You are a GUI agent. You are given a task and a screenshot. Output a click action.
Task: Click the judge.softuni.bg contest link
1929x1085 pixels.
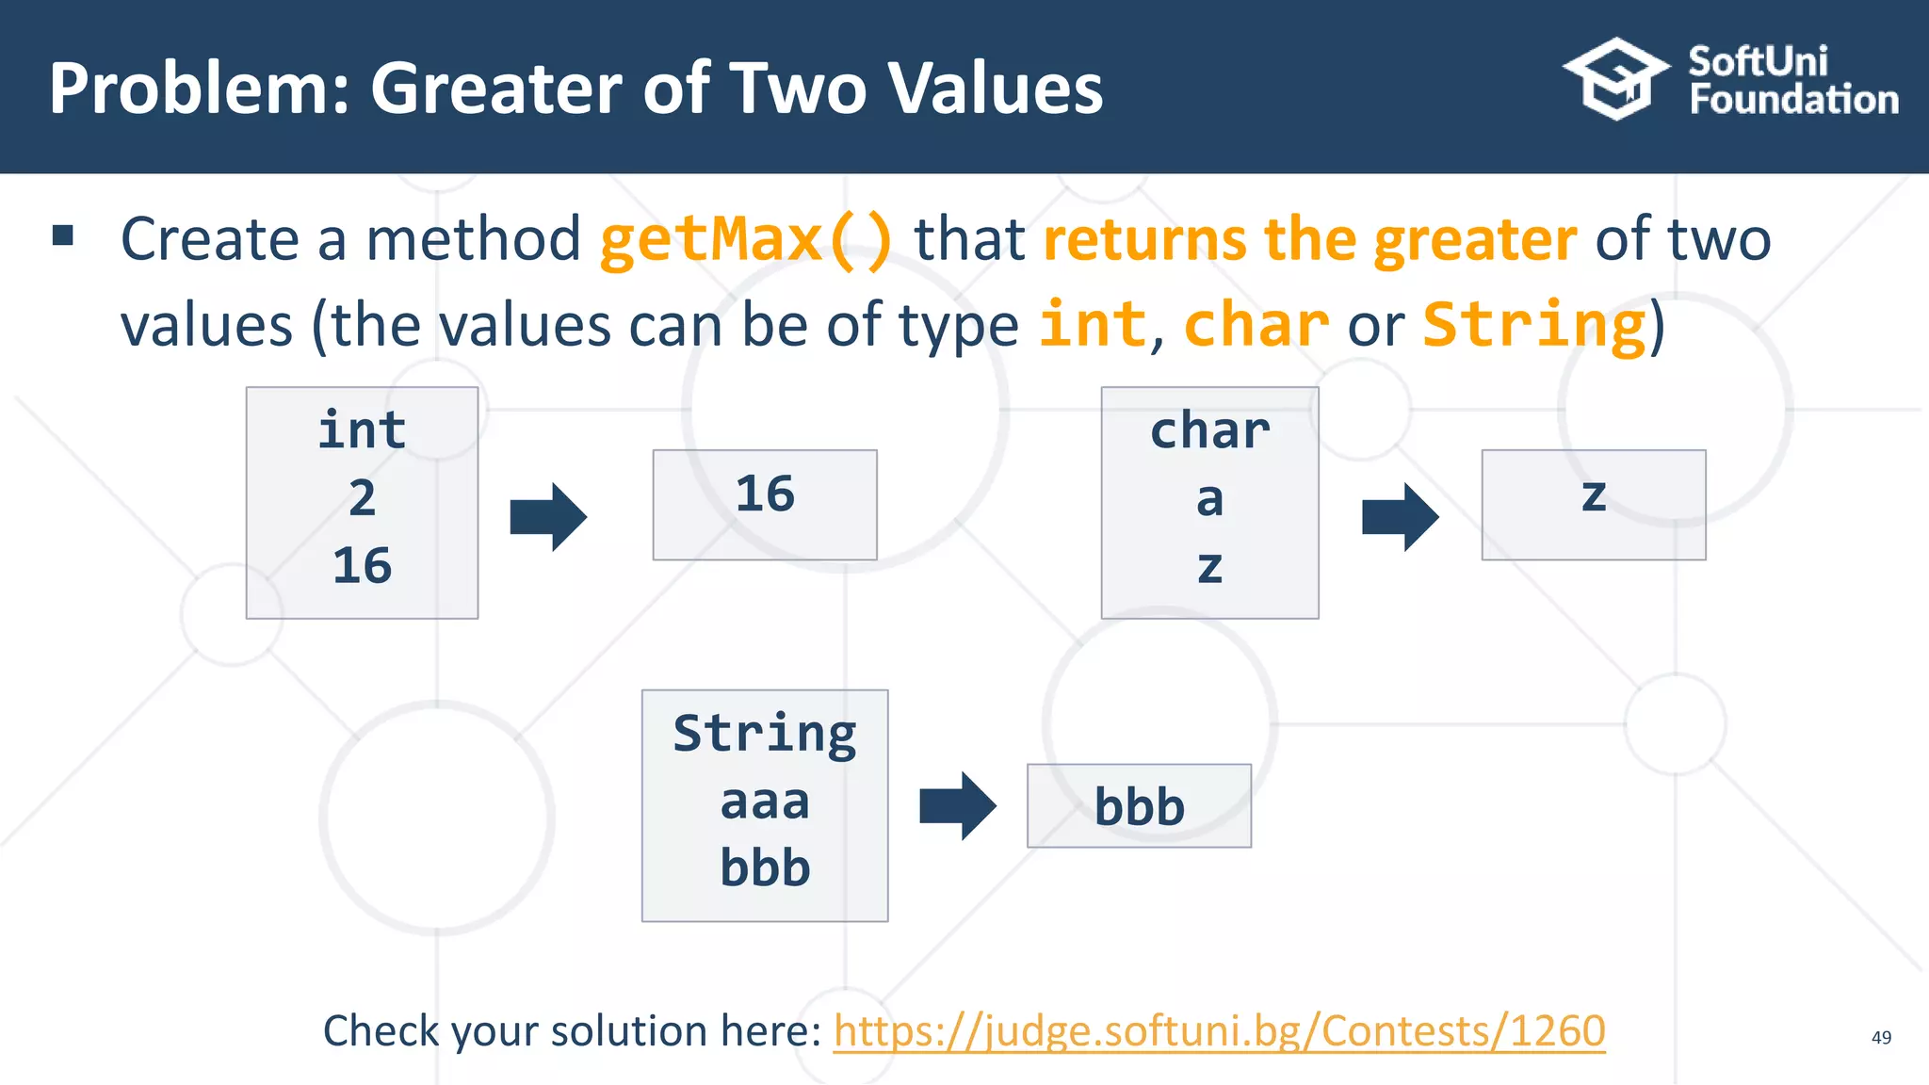tap(1219, 1030)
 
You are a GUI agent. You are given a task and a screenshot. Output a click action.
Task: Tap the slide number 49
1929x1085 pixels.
tap(1881, 1037)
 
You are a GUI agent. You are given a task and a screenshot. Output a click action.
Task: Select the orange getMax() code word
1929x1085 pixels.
tap(745, 239)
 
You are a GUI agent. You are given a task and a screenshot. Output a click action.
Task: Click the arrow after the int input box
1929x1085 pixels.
tap(548, 516)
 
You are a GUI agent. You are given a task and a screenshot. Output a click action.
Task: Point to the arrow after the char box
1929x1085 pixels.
tap(1400, 516)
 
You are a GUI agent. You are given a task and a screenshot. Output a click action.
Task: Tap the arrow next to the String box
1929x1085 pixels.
tap(957, 805)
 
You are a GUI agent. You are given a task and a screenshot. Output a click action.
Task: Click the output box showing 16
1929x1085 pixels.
tap(765, 504)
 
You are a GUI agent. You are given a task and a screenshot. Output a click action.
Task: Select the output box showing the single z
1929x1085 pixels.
tap(1593, 504)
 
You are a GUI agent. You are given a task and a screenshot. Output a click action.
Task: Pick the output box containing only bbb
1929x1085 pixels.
tap(1139, 805)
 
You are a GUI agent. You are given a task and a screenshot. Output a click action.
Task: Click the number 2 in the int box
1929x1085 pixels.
tap(362, 497)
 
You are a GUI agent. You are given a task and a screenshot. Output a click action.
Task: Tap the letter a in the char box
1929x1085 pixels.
tap(1209, 499)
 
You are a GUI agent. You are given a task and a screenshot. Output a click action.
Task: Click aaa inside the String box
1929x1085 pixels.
tap(764, 802)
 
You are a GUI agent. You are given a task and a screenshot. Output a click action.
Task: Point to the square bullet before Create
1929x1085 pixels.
tap(63, 235)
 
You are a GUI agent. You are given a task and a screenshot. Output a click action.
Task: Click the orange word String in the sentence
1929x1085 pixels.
tap(1533, 325)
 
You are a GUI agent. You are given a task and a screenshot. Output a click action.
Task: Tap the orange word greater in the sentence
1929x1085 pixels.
tap(1474, 239)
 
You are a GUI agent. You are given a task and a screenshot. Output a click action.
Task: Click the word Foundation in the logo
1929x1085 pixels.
tap(1793, 100)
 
